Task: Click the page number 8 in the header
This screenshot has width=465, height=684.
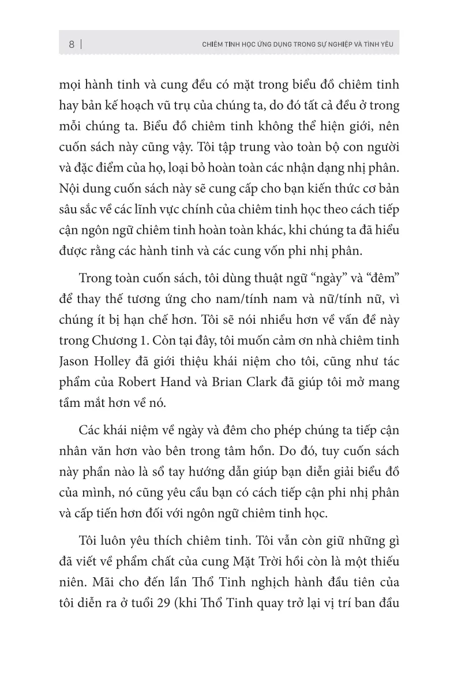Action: pyautogui.click(x=71, y=44)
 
